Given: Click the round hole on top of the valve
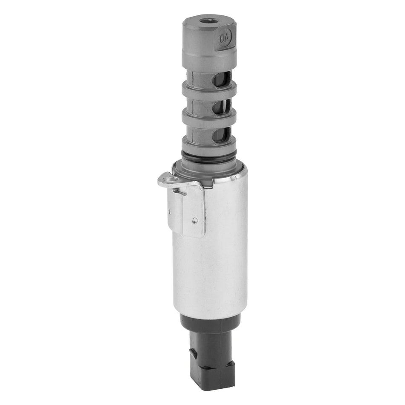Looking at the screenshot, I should point(208,20).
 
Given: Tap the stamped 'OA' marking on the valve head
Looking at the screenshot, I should point(225,38).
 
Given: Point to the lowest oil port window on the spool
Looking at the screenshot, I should point(222,136).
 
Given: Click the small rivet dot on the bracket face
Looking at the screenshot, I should point(194,220).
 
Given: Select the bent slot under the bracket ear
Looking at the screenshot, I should point(181,192).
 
